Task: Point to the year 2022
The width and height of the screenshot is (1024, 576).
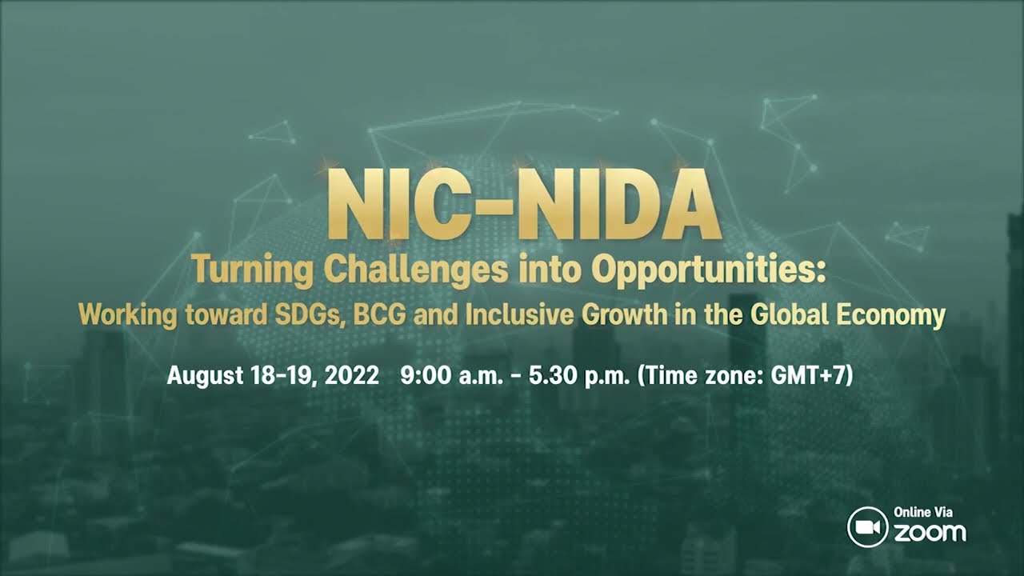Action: (351, 375)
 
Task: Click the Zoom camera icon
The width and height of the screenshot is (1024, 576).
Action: (867, 528)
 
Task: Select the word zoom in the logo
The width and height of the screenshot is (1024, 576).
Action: (930, 532)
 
